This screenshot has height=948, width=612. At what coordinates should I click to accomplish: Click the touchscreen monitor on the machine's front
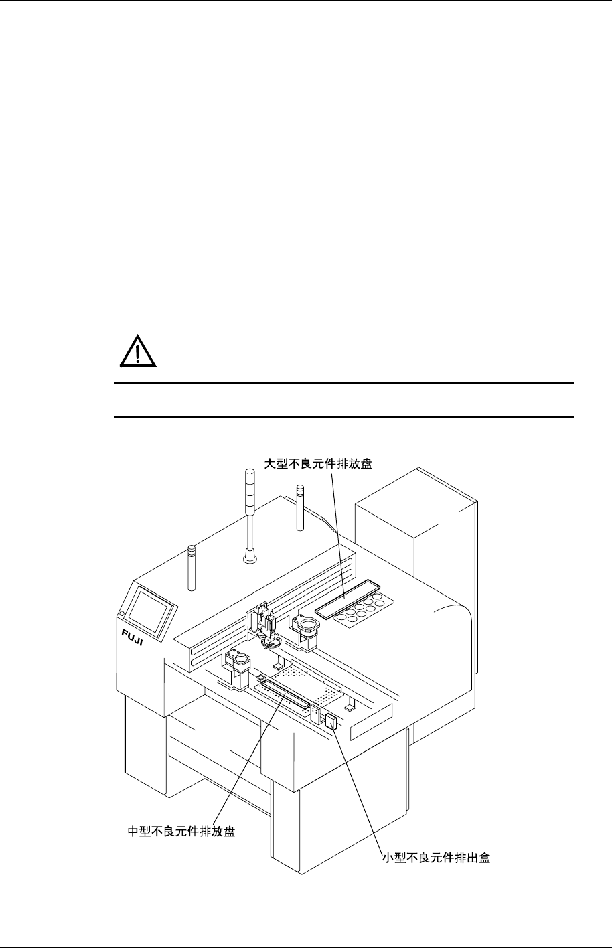pyautogui.click(x=151, y=607)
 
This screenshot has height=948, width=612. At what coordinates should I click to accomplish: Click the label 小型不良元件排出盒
pyautogui.click(x=435, y=858)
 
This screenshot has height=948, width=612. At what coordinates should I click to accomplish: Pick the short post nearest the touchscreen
pyautogui.click(x=192, y=568)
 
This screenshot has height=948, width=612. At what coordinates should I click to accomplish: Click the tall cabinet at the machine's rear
pyautogui.click(x=415, y=536)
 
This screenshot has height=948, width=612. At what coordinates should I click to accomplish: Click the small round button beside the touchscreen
pyautogui.click(x=122, y=613)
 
